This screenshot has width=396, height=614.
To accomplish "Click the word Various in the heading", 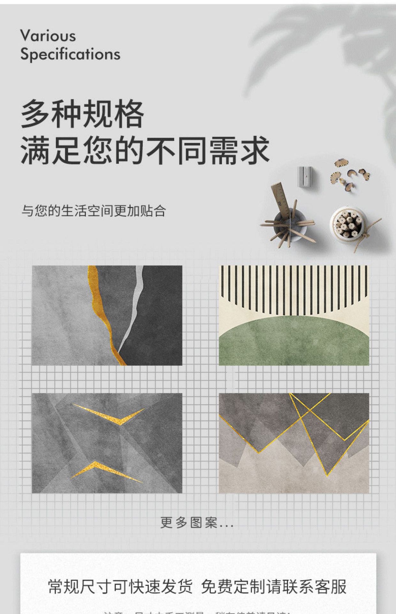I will [48, 36].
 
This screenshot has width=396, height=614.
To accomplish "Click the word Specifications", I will [70, 54].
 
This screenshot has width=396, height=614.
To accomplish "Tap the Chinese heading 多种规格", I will [82, 114].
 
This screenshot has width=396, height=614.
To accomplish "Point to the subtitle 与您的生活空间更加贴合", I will [94, 211].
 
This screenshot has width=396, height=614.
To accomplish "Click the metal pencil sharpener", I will [304, 176].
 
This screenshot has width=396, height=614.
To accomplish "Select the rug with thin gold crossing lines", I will [294, 443].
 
